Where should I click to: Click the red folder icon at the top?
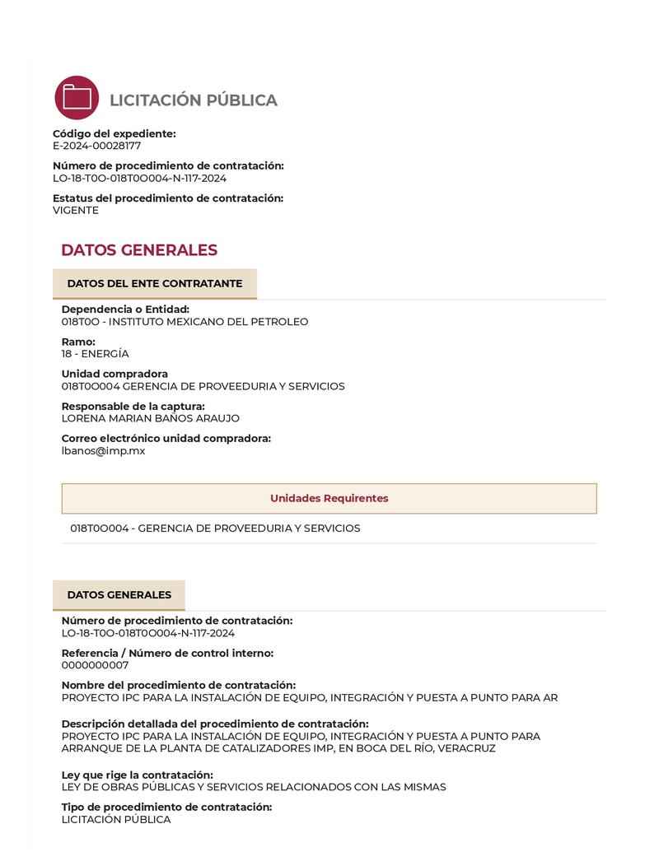(77, 98)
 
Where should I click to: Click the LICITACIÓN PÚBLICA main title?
(194, 100)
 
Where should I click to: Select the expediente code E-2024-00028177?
(96, 146)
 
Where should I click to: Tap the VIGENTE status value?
(76, 210)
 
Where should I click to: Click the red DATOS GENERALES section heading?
(139, 250)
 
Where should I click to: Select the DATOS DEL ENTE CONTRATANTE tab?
(155, 284)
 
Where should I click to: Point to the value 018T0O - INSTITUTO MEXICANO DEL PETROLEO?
(185, 322)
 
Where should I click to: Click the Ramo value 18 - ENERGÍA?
(95, 354)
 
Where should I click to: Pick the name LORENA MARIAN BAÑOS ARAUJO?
(151, 418)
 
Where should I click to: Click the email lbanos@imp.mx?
(103, 450)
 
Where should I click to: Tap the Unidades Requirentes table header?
(329, 498)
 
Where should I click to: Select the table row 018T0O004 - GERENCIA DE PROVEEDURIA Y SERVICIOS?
(215, 528)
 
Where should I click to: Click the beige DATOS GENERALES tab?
(119, 595)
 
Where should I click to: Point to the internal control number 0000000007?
(95, 665)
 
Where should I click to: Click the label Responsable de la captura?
(133, 406)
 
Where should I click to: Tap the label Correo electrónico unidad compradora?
(166, 438)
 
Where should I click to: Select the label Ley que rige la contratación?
(137, 775)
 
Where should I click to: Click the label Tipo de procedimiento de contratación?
(166, 807)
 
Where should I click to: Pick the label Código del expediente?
(115, 133)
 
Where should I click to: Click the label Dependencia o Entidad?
(125, 310)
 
